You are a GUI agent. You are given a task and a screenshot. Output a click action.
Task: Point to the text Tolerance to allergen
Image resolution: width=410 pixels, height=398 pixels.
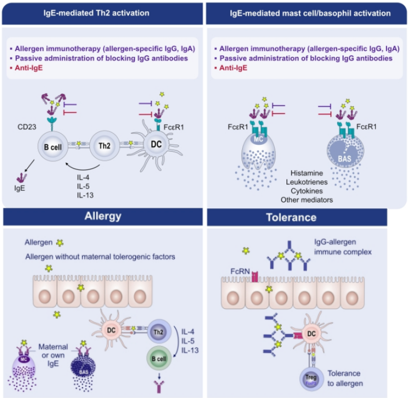click(345, 377)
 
